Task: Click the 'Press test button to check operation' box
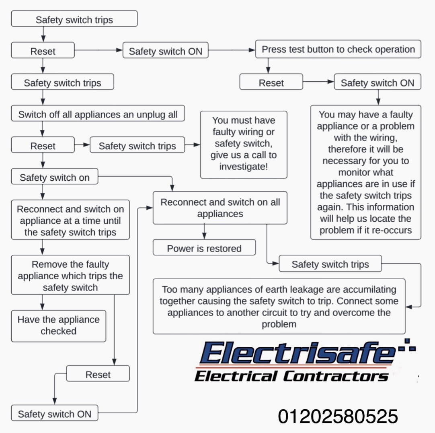click(x=338, y=49)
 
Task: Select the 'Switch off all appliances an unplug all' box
click(x=98, y=114)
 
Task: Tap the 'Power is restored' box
click(x=204, y=248)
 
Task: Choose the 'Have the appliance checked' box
click(x=58, y=326)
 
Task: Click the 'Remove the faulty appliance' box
click(x=70, y=276)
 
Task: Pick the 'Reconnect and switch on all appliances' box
click(x=220, y=208)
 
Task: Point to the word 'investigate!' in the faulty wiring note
click(x=244, y=167)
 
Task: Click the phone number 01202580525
click(x=338, y=417)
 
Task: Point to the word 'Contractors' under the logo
click(x=336, y=377)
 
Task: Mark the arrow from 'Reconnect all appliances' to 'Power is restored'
click(x=204, y=232)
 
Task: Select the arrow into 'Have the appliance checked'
click(x=43, y=303)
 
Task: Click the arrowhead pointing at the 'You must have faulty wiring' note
click(x=197, y=145)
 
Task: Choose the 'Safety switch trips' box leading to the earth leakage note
click(x=330, y=264)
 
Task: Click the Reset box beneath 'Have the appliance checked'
click(x=98, y=374)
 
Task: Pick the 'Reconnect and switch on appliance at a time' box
click(x=70, y=221)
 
